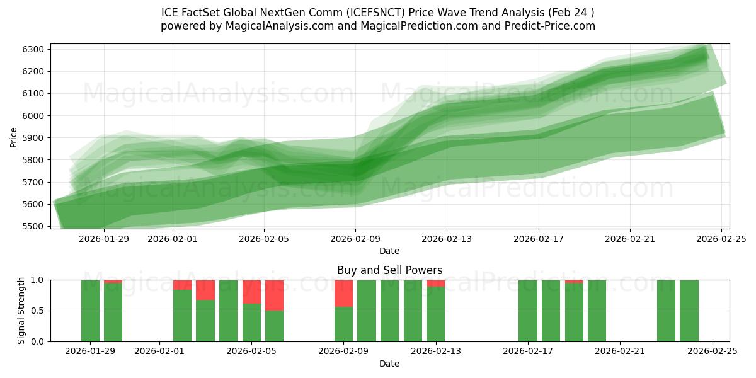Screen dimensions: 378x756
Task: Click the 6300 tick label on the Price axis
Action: (33, 49)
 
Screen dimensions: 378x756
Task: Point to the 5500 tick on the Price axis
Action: (33, 226)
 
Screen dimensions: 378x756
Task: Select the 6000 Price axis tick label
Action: (33, 116)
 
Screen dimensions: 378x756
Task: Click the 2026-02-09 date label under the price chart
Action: (355, 239)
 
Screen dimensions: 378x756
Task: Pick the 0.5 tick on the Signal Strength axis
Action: (38, 311)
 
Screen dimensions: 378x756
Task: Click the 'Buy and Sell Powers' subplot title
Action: (389, 270)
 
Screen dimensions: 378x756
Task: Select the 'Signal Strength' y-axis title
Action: (21, 310)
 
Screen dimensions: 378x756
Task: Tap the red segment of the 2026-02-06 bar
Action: (274, 295)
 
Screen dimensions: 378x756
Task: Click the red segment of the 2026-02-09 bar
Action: (343, 293)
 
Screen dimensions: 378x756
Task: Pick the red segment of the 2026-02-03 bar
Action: (205, 290)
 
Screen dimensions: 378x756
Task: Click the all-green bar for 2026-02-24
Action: (689, 311)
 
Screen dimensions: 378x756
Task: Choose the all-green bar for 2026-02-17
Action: (528, 311)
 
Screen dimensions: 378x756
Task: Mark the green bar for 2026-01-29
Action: (90, 311)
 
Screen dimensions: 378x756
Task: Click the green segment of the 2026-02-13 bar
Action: (435, 314)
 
